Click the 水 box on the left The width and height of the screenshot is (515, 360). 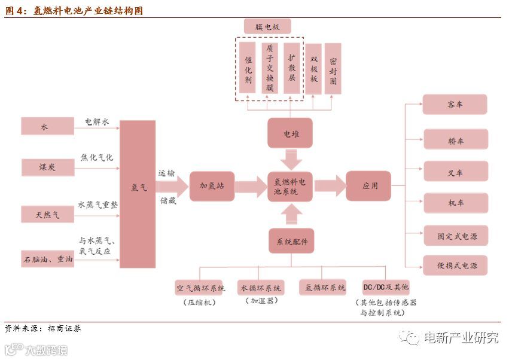pos(47,126)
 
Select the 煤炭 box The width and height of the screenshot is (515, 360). pos(47,167)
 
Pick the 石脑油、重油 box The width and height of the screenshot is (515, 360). pos(47,259)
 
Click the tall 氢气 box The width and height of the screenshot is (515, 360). pos(137,194)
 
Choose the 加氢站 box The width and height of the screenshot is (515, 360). pos(212,186)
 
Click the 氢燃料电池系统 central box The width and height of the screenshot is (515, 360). pos(290,186)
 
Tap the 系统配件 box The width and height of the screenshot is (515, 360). pos(291,242)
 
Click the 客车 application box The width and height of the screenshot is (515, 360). pos(455,105)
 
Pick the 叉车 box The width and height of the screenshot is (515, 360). pos(455,173)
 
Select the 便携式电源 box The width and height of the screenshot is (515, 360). pos(455,266)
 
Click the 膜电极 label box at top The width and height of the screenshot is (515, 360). pos(267,26)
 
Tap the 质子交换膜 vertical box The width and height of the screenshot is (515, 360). pos(270,68)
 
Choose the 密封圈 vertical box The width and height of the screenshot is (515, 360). pos(333,68)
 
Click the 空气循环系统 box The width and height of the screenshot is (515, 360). pos(200,288)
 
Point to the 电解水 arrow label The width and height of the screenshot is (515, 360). pos(97,121)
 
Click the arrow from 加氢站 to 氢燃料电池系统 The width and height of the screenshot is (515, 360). pos(251,186)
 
